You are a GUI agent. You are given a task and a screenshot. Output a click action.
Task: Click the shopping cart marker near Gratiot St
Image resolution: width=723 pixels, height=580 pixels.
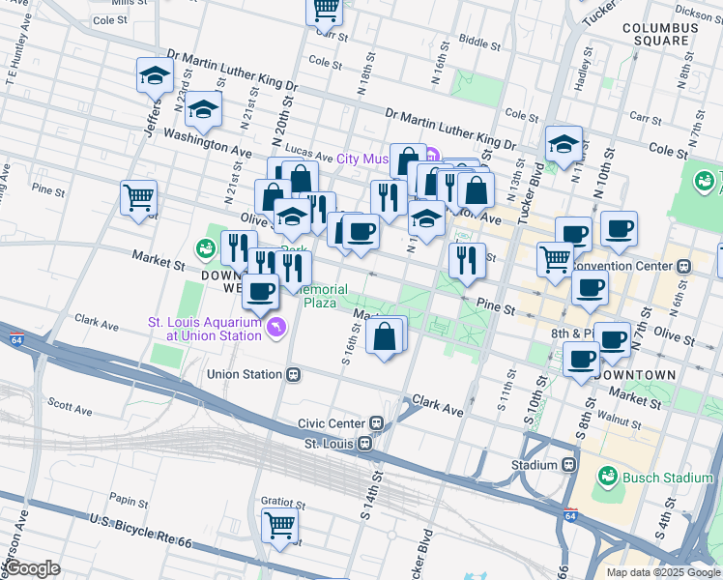(280, 526)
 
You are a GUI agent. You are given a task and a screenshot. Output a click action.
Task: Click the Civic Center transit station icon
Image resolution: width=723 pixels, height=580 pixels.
(377, 423)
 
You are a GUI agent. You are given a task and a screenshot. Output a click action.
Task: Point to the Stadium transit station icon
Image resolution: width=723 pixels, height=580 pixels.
(569, 465)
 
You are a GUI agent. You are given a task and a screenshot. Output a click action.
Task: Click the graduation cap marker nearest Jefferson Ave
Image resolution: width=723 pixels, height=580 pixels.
(153, 75)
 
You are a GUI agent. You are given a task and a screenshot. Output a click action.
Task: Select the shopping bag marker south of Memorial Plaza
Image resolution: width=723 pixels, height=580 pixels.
(385, 336)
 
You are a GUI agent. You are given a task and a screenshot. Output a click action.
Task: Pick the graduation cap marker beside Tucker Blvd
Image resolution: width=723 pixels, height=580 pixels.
(564, 144)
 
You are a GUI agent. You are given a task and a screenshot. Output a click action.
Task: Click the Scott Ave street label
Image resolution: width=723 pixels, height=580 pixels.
(69, 406)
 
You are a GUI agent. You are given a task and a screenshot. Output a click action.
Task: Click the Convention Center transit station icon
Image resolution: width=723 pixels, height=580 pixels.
(683, 265)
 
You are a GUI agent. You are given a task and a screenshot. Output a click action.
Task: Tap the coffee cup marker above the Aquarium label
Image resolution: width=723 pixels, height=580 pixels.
(259, 290)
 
